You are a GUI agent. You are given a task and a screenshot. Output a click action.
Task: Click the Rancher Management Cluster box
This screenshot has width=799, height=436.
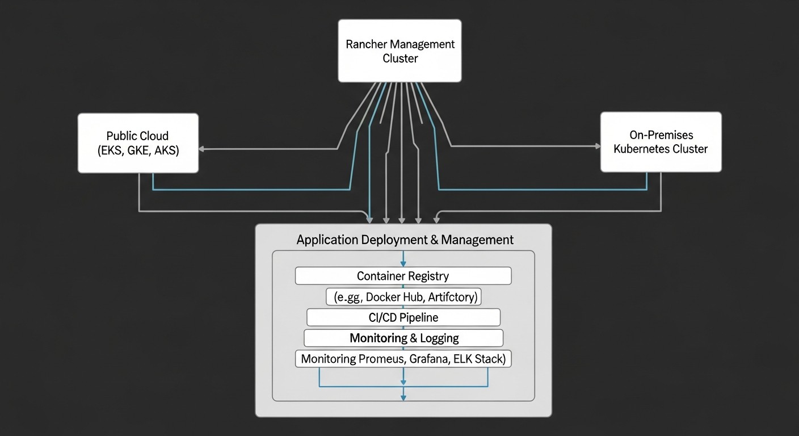pyautogui.click(x=399, y=51)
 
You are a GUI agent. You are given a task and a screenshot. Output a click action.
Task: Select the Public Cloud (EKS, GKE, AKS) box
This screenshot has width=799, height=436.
pyautogui.click(x=138, y=143)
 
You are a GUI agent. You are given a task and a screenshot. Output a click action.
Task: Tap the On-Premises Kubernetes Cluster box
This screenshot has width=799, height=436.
pyautogui.click(x=661, y=142)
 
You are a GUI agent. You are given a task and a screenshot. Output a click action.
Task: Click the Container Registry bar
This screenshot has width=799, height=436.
pyautogui.click(x=403, y=276)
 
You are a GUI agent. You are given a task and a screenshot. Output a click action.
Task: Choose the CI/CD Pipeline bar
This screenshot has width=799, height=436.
pyautogui.click(x=403, y=317)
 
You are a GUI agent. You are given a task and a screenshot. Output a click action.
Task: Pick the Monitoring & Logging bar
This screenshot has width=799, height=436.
pyautogui.click(x=403, y=338)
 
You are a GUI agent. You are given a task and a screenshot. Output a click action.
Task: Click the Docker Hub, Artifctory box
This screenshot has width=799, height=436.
pyautogui.click(x=403, y=296)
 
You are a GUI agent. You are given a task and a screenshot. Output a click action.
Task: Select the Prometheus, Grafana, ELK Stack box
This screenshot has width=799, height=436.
pyautogui.click(x=403, y=359)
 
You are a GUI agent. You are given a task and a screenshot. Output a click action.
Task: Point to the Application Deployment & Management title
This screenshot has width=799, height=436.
pyautogui.click(x=405, y=240)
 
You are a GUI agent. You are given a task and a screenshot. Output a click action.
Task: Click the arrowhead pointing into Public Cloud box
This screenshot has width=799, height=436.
pyautogui.click(x=202, y=149)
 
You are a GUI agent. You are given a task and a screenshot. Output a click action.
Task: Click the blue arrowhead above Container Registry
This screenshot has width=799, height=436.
pyautogui.click(x=403, y=263)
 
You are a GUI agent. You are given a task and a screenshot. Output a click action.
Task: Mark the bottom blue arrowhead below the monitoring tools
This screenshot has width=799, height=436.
pyautogui.click(x=403, y=397)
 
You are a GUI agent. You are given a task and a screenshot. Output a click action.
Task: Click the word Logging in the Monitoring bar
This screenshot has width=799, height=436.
pyautogui.click(x=439, y=338)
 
